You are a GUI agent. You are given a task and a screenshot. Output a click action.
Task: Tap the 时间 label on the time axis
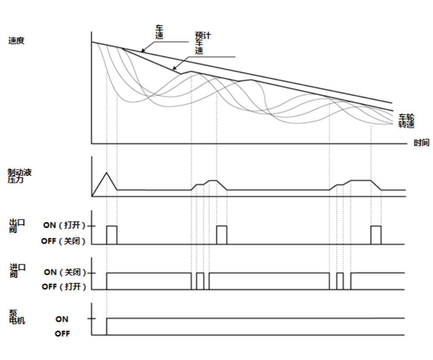(x=421, y=143)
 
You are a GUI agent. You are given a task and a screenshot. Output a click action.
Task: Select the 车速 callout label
(x=160, y=33)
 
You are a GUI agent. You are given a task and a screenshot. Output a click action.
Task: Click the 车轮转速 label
(x=406, y=120)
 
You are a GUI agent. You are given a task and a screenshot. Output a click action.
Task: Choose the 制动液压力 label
(x=19, y=176)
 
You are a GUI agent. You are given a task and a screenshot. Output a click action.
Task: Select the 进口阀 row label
(x=18, y=271)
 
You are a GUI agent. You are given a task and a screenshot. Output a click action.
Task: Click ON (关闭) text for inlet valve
(x=65, y=272)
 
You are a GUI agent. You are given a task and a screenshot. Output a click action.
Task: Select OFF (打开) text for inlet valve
(x=65, y=287)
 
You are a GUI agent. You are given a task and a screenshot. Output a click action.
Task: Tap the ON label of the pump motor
(x=62, y=319)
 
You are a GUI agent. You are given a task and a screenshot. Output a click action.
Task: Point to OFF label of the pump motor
(x=62, y=334)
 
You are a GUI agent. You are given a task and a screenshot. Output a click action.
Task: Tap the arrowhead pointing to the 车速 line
(x=143, y=51)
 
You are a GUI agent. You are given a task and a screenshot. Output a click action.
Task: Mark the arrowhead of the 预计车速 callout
(x=174, y=69)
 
